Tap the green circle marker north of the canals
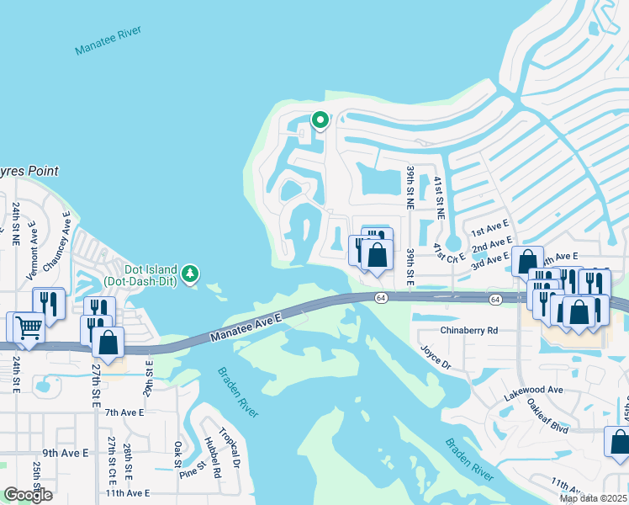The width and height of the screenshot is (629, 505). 320,120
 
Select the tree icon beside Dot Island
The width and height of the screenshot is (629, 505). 191,273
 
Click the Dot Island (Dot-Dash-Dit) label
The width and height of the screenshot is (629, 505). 140,274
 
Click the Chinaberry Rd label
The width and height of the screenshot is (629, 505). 468,330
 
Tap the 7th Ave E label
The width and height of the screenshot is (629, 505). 124,412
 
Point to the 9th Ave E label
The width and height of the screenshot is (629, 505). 66,453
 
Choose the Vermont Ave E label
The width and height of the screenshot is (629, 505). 33,245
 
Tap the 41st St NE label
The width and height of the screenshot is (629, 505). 439,199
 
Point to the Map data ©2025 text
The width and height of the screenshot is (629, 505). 594,498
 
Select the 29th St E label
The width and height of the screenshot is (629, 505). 149,376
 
